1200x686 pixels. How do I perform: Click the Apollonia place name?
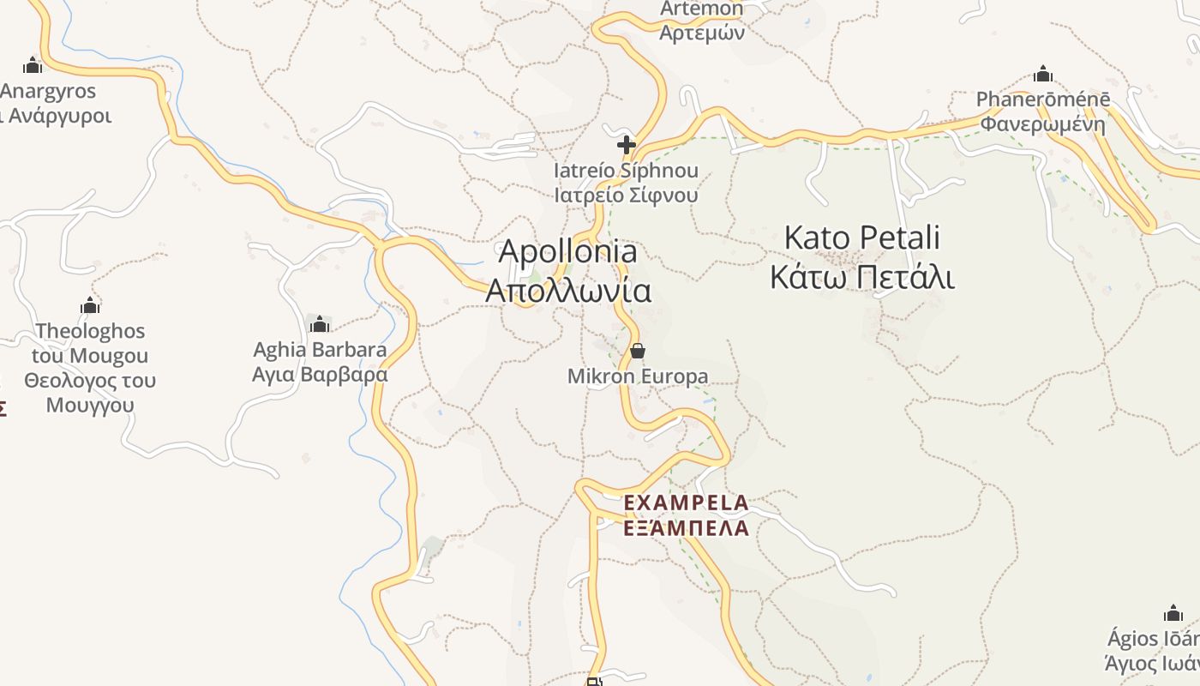[567, 251]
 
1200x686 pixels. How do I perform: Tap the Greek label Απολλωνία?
[567, 291]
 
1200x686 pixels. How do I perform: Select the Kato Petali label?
[861, 238]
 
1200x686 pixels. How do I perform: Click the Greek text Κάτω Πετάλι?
[861, 277]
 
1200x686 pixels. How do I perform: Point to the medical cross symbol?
[627, 145]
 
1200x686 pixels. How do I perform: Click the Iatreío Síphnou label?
[626, 171]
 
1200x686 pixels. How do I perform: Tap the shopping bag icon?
[638, 351]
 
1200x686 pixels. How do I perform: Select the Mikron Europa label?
[638, 376]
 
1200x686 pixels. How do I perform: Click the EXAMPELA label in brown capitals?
[686, 502]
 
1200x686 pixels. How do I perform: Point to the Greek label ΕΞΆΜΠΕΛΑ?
[686, 528]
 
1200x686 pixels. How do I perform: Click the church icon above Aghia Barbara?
[320, 324]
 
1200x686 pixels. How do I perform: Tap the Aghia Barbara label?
[320, 350]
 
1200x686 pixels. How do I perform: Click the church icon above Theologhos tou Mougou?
[90, 305]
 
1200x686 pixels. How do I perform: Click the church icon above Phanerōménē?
[1043, 74]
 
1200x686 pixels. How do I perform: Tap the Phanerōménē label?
[1043, 99]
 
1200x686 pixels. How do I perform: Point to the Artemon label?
[702, 9]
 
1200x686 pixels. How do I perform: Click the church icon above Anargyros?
[33, 65]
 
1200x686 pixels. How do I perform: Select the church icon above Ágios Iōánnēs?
[1173, 613]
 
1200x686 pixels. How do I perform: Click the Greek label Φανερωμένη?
[1043, 124]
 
